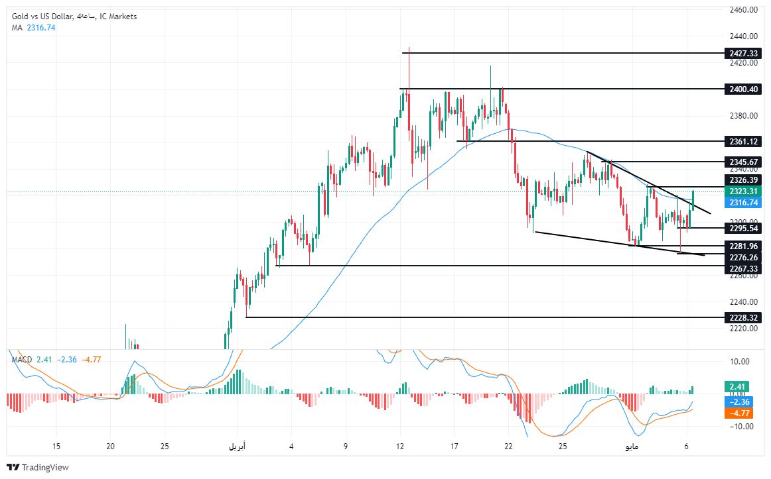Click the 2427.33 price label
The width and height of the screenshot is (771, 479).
tap(742, 53)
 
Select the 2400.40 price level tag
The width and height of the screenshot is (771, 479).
tap(742, 89)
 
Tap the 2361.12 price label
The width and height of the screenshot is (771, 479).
tap(742, 141)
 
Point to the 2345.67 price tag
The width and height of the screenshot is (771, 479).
tap(742, 162)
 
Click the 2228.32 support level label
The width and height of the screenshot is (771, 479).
tap(742, 317)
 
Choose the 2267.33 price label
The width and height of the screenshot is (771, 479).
tap(742, 268)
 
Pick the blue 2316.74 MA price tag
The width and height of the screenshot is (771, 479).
tap(742, 203)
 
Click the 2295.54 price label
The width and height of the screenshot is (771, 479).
tap(742, 228)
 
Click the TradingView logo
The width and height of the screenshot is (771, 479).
tap(38, 467)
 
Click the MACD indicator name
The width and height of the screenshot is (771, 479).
tap(22, 359)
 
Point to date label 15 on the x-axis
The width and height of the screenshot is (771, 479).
tap(56, 446)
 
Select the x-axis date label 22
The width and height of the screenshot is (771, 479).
tap(508, 446)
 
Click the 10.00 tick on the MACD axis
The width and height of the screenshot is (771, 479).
tap(740, 362)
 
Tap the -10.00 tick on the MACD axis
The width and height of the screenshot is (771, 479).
tap(739, 426)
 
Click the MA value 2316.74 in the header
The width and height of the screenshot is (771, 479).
tap(41, 27)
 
